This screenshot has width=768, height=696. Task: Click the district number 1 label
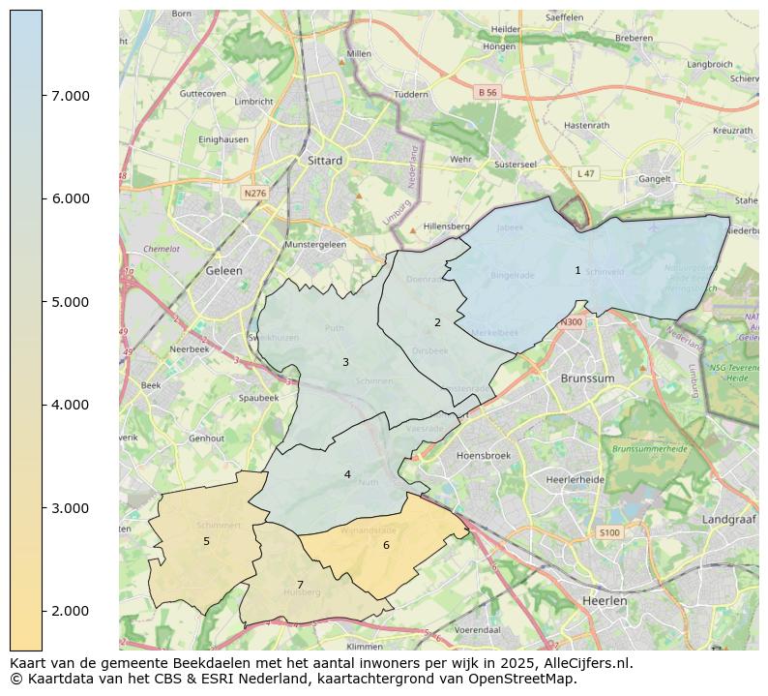coord(577,271)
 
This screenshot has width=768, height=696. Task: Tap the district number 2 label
coord(437,323)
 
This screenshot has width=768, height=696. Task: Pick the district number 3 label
coord(345,363)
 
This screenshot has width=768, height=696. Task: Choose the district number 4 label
coord(347,475)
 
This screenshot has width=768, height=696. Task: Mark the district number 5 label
coord(206,542)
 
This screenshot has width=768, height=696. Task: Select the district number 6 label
coord(386,546)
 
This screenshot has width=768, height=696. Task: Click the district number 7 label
coord(301,586)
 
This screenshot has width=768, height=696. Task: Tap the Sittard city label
coord(324,161)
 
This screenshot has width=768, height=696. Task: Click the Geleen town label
coord(223,272)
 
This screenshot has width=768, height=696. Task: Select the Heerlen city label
coord(606,601)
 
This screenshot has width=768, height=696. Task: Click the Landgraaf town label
coord(726,520)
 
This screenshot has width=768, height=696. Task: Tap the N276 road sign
coord(254,194)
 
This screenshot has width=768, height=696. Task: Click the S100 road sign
coord(608,533)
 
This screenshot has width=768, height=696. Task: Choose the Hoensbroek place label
coord(483,455)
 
